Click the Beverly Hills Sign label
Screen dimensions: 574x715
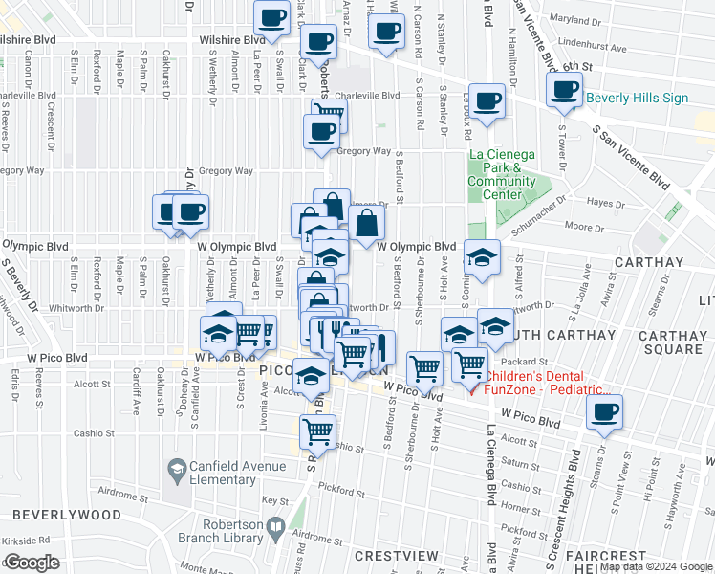tap(637, 98)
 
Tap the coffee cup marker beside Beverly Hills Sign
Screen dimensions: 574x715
tap(564, 91)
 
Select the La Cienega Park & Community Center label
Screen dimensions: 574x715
tap(502, 173)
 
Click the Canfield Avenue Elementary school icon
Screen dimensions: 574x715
tap(176, 469)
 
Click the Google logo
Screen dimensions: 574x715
tap(32, 563)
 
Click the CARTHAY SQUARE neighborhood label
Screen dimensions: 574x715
tap(670, 342)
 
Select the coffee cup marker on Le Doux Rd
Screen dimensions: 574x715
tap(487, 101)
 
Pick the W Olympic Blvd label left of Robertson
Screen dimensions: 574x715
tap(237, 246)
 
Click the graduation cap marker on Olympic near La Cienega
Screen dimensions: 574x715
tap(482, 256)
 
